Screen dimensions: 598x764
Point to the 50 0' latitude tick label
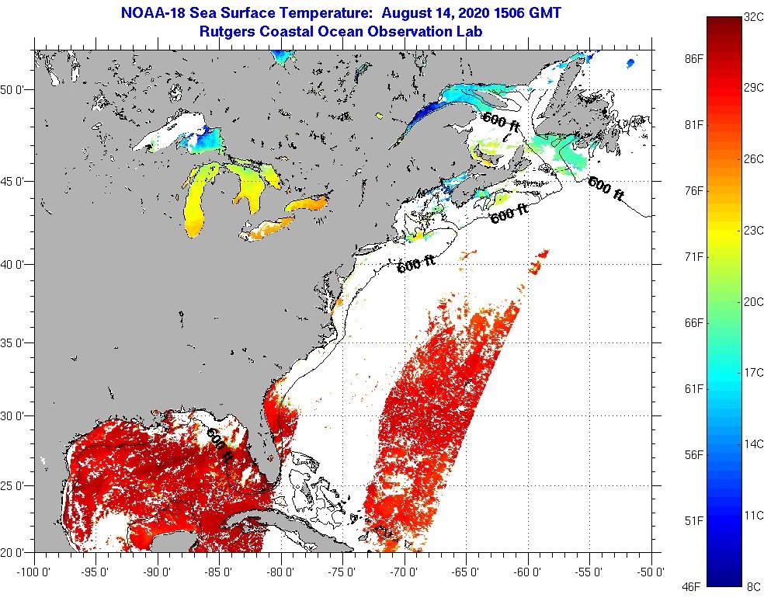click(x=16, y=89)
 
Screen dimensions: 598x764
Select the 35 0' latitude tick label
click(x=16, y=342)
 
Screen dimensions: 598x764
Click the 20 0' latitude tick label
click(x=16, y=552)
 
